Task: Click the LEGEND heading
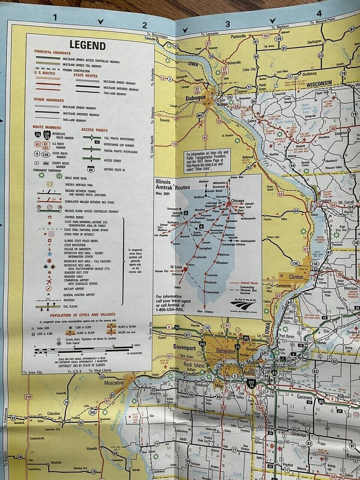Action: [x=88, y=45]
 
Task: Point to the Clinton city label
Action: [x=296, y=277]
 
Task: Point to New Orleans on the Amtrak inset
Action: [x=205, y=312]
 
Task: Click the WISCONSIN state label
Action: [x=318, y=83]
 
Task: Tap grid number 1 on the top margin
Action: [x=55, y=18]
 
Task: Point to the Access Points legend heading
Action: [x=94, y=130]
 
